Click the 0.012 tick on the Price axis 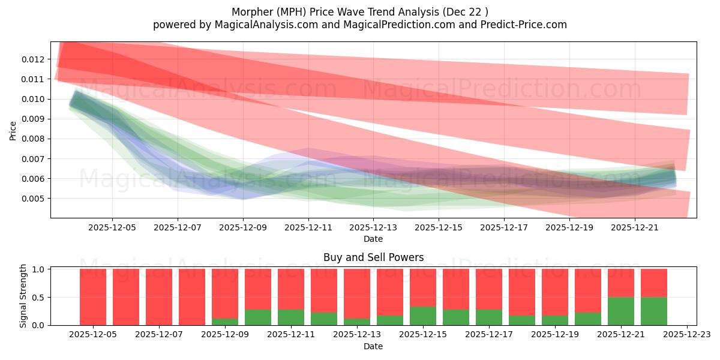(33, 59)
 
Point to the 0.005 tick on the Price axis (33, 199)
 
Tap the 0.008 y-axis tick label (33, 139)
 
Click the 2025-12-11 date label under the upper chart (308, 227)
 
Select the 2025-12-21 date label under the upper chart (635, 227)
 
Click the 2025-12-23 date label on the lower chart (686, 335)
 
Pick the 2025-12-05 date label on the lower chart (93, 335)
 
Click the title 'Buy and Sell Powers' (373, 257)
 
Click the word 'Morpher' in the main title (250, 12)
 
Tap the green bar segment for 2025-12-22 (653, 311)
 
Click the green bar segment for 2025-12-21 (621, 311)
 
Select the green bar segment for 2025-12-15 (423, 316)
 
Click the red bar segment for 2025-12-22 (653, 283)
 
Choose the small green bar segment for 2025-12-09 (225, 322)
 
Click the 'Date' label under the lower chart (373, 346)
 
